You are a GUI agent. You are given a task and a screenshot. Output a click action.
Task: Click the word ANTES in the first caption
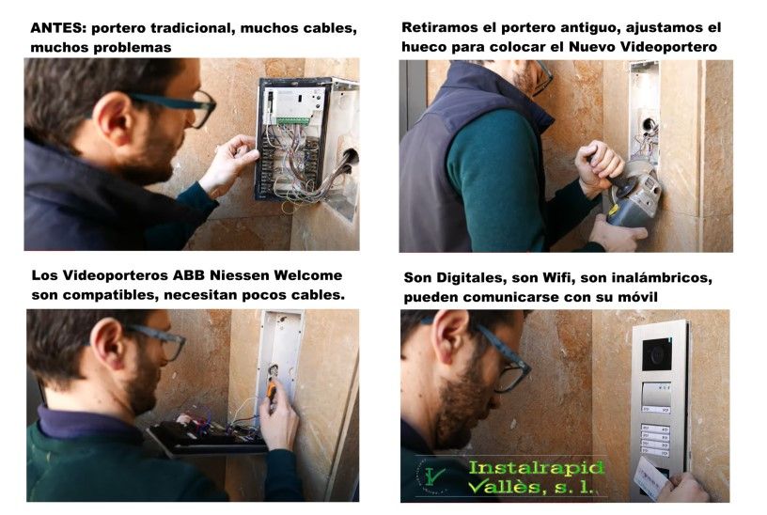click(x=58, y=28)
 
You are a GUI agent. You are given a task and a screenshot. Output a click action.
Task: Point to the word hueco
click(x=426, y=47)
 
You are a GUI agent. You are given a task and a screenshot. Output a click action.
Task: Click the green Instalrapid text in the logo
click(x=535, y=467)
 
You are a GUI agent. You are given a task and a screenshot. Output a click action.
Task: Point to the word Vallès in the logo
click(x=509, y=487)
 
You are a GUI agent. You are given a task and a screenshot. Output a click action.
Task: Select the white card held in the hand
click(x=650, y=478)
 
